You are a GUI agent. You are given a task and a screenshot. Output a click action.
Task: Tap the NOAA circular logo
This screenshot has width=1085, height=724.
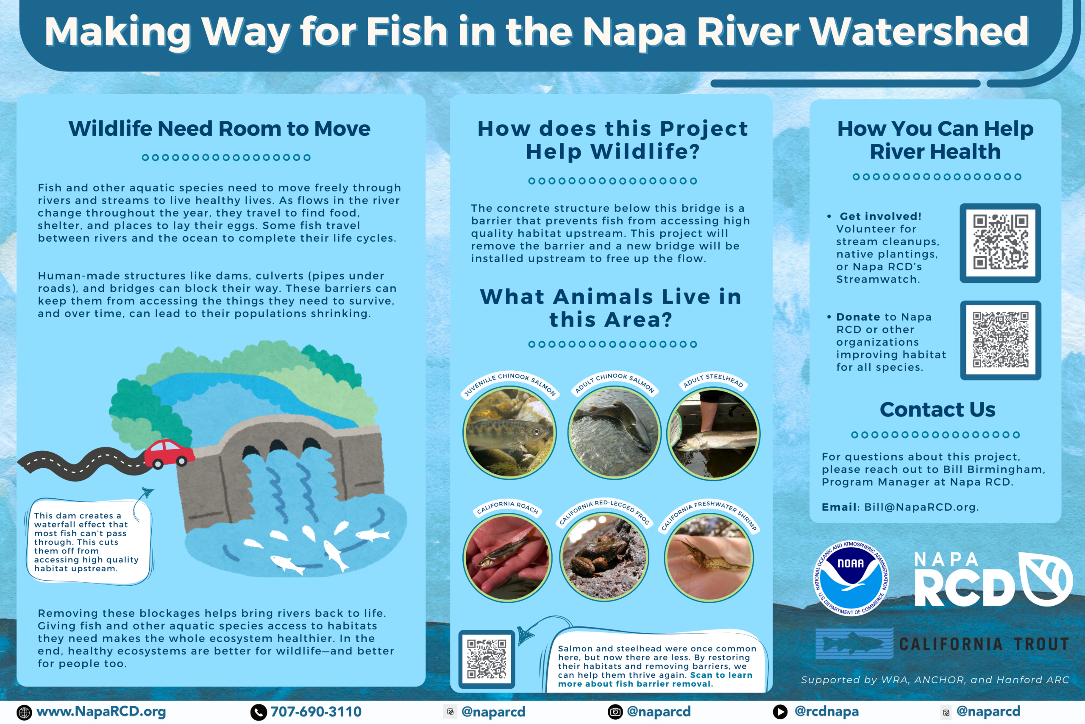coord(851,578)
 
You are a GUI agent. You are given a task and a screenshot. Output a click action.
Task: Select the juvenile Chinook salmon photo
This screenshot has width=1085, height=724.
coord(509,433)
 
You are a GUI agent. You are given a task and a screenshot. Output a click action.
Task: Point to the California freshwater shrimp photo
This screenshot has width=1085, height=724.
coord(709,558)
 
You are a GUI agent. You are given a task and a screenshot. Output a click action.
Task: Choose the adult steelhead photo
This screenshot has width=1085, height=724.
coord(713,433)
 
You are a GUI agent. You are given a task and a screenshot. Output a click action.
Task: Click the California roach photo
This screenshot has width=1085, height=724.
coord(507,558)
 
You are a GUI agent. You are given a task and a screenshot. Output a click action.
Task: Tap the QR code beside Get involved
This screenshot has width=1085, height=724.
coord(1000,243)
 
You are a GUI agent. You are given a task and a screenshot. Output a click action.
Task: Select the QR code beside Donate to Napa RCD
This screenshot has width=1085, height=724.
coord(1001,340)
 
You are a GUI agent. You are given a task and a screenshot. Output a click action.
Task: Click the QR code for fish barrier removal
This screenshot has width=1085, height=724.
coord(487,659)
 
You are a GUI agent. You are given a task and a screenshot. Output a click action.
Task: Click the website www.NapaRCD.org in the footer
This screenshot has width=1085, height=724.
coord(101,712)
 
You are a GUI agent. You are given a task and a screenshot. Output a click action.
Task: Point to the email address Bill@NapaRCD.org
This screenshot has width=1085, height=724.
coord(921,507)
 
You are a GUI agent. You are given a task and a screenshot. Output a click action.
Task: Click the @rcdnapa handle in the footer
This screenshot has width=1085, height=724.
coord(826,712)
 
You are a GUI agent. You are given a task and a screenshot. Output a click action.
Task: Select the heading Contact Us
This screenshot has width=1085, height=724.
coord(938,410)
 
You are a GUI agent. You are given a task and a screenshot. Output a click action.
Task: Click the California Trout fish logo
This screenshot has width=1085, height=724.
coord(854,643)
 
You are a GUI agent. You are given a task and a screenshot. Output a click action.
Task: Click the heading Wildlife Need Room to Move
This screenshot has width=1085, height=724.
coord(219,129)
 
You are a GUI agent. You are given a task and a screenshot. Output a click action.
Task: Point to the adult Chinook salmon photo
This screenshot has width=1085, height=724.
coord(614,433)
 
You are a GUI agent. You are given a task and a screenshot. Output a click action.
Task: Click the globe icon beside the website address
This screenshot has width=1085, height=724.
coord(24,713)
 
